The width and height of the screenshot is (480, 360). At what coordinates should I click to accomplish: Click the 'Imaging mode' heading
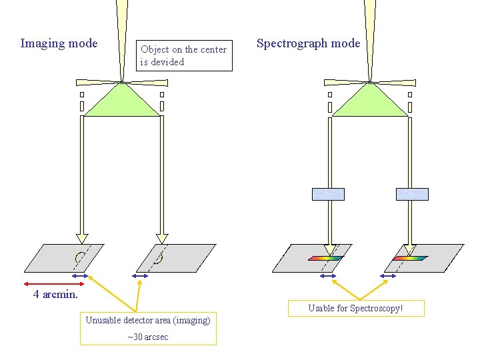pos(59,44)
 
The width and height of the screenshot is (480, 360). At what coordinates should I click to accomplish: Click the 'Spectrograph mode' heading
pos(308,44)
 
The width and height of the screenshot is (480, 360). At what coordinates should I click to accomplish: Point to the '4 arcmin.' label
pos(56,294)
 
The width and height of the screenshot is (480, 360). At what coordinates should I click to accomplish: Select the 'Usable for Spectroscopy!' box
pos(355,309)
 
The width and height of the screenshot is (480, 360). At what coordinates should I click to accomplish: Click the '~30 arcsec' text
pos(148,337)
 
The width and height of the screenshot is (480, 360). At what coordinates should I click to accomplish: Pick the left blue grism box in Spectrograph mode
pos(328,194)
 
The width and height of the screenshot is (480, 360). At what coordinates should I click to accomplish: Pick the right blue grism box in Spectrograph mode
pos(412,194)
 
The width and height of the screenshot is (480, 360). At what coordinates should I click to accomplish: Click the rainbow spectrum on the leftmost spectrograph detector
pos(325,258)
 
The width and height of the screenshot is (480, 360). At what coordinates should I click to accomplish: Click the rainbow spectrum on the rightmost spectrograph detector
pos(409,258)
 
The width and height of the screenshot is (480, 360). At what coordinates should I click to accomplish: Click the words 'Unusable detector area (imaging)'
pos(148,320)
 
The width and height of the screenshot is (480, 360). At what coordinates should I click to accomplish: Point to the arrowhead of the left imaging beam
pos(82,238)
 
